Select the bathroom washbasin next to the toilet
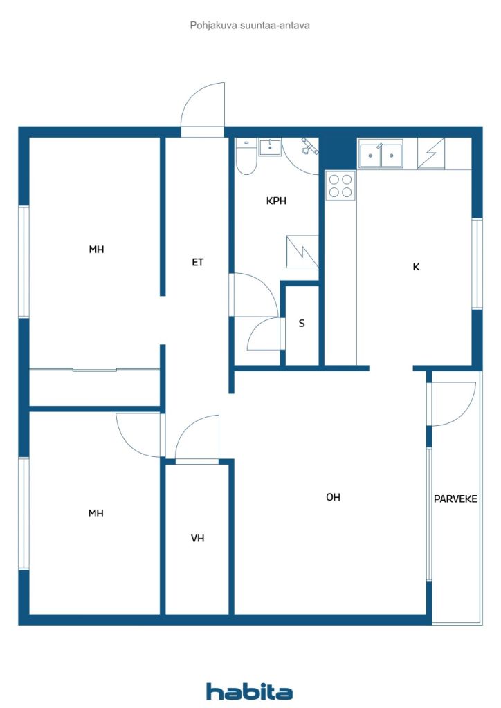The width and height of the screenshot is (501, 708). click(270, 147)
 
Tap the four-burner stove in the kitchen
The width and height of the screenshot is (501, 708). click(340, 185)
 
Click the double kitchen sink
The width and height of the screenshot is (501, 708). click(381, 153)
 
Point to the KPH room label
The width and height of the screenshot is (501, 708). click(276, 201)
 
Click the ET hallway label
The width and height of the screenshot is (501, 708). click(197, 262)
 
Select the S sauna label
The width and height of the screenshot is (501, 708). click(302, 324)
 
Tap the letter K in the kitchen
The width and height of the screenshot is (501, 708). click(416, 267)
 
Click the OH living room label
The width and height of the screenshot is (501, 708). click(333, 497)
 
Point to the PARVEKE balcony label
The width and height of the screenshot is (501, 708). click(455, 499)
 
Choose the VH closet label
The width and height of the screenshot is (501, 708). click(197, 538)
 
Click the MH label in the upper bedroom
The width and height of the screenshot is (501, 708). click(96, 249)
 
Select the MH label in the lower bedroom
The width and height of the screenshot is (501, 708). click(95, 514)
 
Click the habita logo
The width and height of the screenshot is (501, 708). click(249, 691)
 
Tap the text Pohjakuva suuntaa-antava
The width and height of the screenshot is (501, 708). click(250, 26)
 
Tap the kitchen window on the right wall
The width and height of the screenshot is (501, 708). click(477, 264)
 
